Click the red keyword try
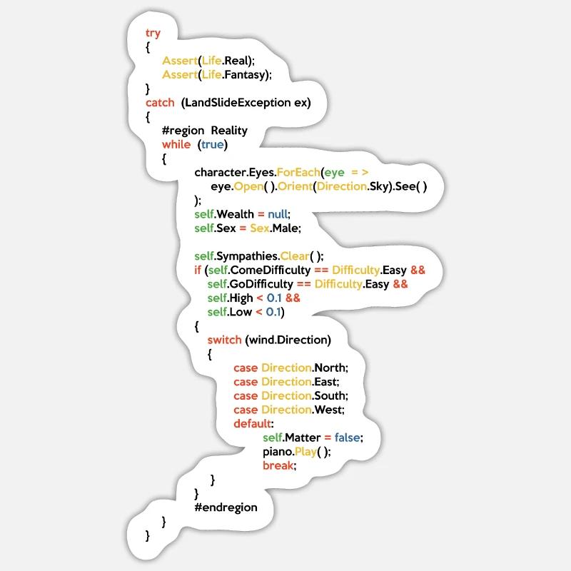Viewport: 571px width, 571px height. [153, 33]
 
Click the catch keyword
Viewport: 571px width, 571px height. [160, 102]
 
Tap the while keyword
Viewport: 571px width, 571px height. [176, 144]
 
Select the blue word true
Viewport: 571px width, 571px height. [212, 144]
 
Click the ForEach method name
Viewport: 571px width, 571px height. [295, 172]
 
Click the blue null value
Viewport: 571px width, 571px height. [279, 214]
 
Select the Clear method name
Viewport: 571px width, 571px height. [298, 256]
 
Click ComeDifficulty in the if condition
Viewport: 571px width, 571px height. [270, 270]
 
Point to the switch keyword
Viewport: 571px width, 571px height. [225, 340]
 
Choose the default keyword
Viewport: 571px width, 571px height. [254, 423]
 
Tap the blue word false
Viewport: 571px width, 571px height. [348, 437]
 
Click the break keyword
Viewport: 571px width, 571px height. [278, 465]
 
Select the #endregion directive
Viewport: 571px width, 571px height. [226, 507]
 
